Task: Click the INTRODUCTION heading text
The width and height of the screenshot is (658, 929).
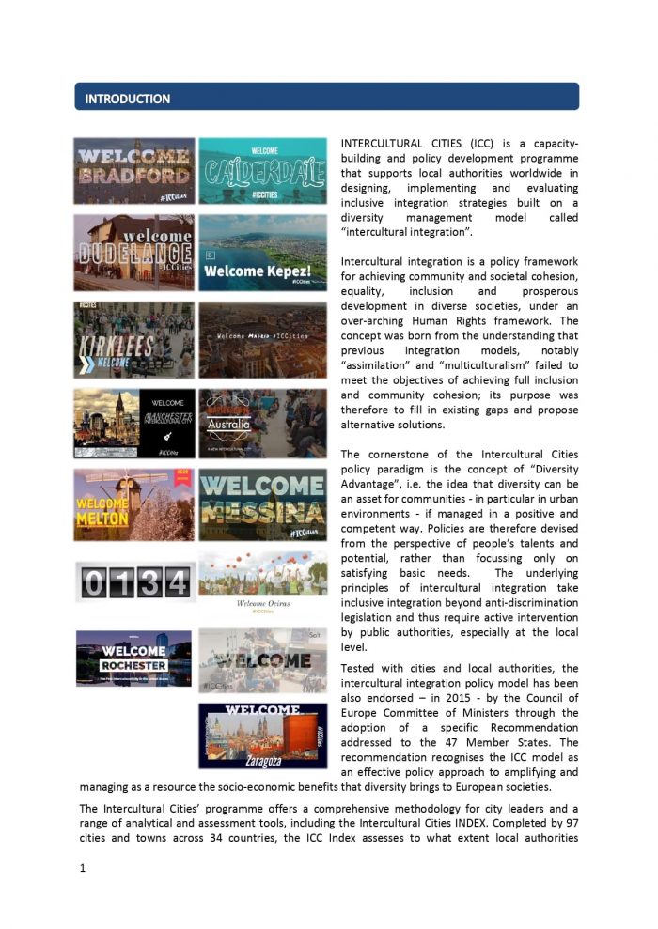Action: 127,99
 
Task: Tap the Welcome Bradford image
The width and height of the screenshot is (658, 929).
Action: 134,171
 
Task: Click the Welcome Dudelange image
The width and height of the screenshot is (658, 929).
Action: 134,252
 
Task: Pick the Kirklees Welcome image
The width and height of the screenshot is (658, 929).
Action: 134,339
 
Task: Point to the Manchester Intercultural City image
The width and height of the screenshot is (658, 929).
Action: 134,423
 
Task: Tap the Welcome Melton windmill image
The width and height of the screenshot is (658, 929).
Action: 134,504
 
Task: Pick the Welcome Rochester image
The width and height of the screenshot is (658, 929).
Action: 134,658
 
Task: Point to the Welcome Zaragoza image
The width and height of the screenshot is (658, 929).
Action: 263,735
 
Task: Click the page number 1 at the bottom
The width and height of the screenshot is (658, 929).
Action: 83,868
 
